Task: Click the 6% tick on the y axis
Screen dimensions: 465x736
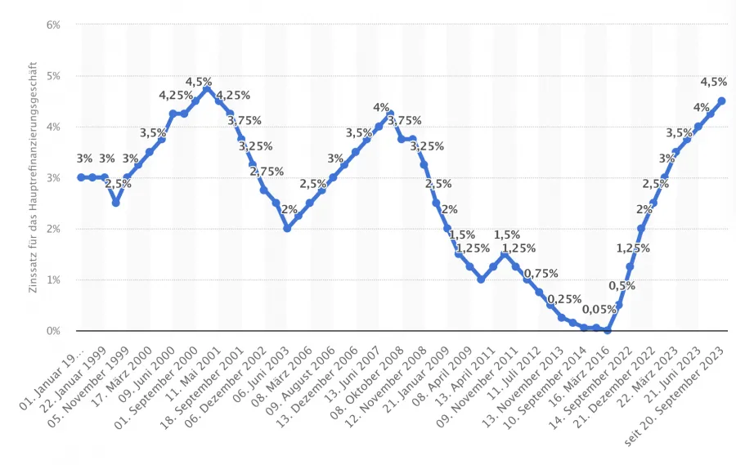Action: pos(53,25)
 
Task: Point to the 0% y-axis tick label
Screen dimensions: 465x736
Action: pos(53,331)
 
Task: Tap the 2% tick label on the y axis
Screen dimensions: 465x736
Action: pos(53,229)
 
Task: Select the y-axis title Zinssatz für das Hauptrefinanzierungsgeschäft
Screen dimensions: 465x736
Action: pos(34,178)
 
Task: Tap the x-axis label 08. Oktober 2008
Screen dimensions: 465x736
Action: pos(375,376)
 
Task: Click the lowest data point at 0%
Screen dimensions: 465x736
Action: pos(608,330)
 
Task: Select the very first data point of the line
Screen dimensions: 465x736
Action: pos(81,177)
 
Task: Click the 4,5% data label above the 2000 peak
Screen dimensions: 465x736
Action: pos(199,82)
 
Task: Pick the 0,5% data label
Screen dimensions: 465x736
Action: pos(622,285)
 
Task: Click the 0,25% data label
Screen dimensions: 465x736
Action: pos(564,299)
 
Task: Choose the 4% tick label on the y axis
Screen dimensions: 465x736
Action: pos(53,127)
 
